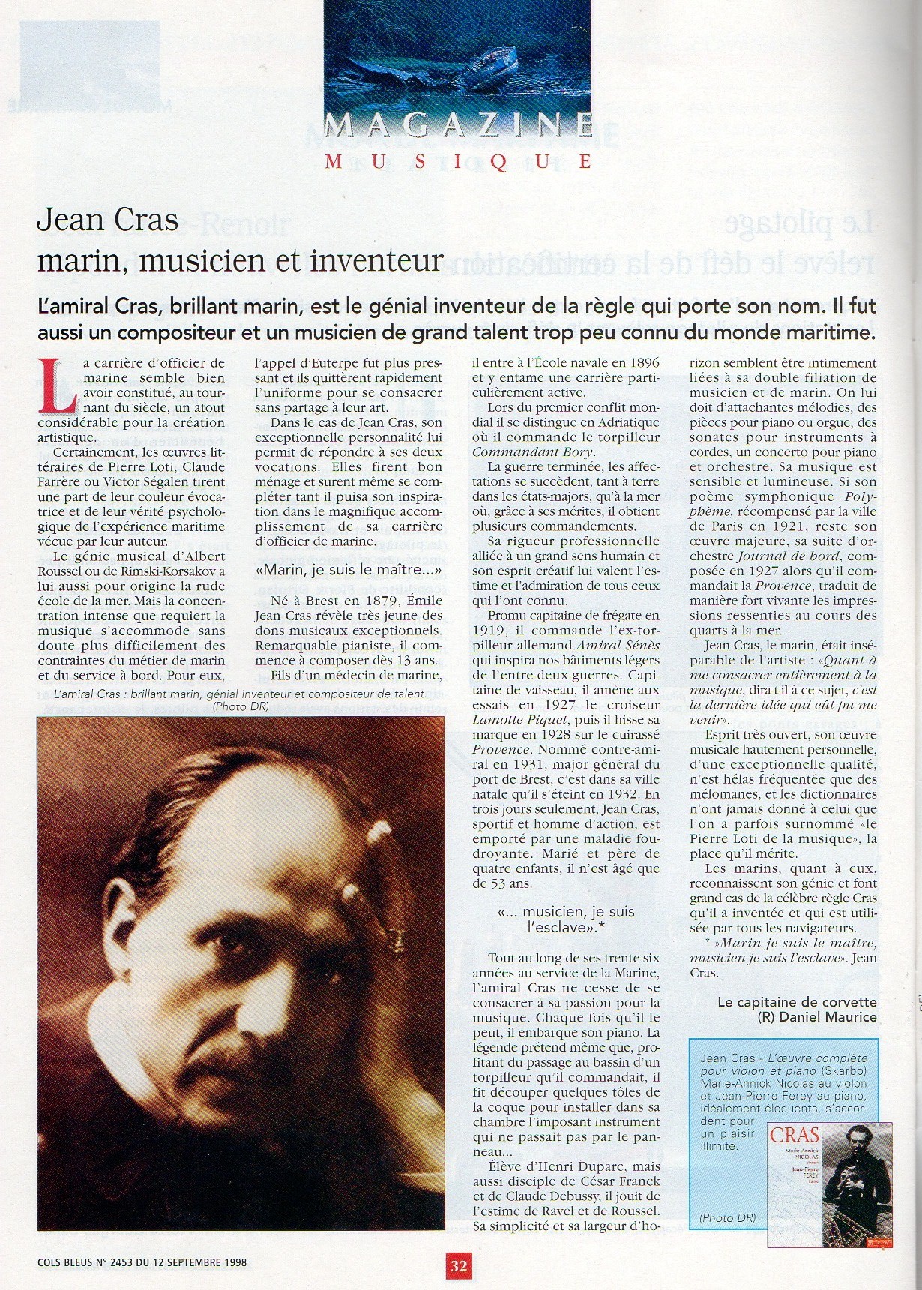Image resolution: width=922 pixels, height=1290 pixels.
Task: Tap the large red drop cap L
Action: (x=58, y=384)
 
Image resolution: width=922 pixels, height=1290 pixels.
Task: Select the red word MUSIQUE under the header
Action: (x=459, y=161)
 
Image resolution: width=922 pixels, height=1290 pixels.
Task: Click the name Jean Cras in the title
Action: (x=107, y=220)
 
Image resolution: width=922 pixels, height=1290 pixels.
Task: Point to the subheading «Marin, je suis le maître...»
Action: (x=349, y=571)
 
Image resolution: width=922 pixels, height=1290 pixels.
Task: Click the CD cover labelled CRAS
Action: (x=830, y=1183)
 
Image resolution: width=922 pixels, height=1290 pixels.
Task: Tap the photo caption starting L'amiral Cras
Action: (x=240, y=694)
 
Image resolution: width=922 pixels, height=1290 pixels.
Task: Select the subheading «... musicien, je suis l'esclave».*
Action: (x=566, y=919)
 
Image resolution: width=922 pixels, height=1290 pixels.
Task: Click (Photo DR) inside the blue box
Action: (x=726, y=1218)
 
